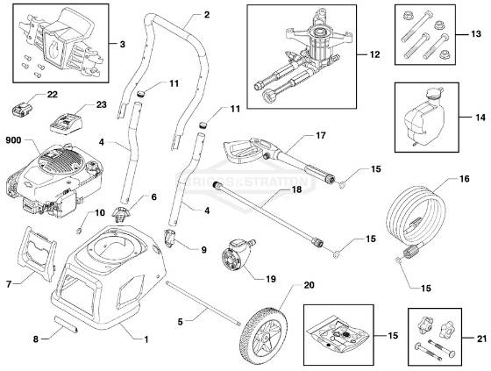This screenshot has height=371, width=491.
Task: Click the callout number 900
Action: tap(14, 140)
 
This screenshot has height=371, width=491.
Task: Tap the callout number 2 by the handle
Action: tap(207, 15)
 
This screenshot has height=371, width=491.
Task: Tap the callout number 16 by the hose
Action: tap(464, 178)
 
